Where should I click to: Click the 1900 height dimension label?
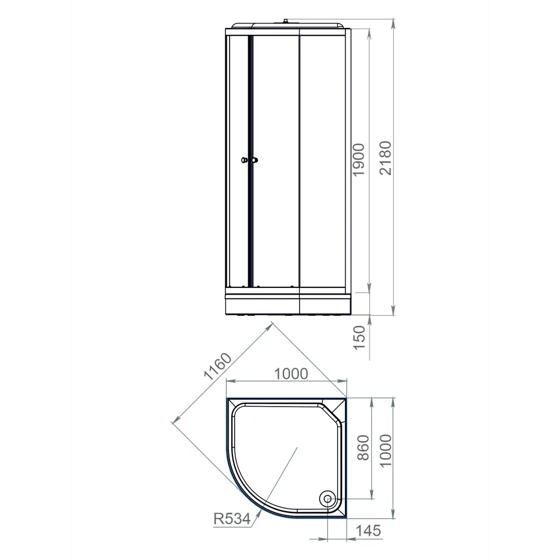tap(359, 160)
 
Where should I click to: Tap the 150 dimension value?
tap(359, 337)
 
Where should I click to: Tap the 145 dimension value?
tap(368, 530)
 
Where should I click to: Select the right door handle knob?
tap(255, 161)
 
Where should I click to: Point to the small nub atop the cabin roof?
tap(286, 22)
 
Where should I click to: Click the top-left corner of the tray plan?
tap(228, 400)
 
